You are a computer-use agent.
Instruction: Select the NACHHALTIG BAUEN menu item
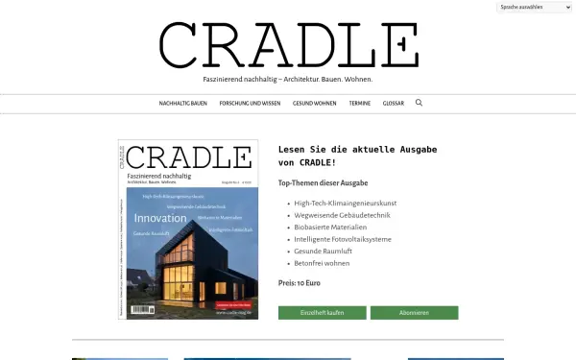coord(183,103)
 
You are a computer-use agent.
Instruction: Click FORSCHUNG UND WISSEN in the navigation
coord(250,103)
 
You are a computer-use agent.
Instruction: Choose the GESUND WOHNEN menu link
coord(316,103)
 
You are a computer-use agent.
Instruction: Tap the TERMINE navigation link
coord(360,103)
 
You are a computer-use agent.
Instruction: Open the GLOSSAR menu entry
coord(394,103)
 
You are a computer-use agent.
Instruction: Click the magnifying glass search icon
coord(419,102)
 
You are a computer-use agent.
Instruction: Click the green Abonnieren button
coord(414,313)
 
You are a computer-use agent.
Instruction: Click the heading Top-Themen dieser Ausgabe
coord(323,182)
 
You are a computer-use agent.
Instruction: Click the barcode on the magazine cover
coord(139,309)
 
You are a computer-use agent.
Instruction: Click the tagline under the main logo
coord(288,78)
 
